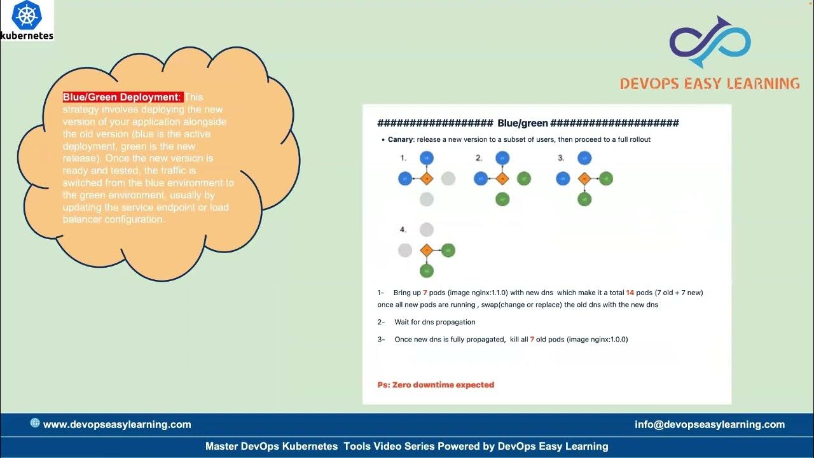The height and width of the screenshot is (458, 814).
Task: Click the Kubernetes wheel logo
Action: (27, 15)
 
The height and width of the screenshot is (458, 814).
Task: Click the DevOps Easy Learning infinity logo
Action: (710, 42)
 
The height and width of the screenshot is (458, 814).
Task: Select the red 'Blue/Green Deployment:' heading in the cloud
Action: (122, 97)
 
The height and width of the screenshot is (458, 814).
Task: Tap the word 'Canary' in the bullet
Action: (401, 139)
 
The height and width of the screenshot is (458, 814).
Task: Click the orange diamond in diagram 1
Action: (427, 179)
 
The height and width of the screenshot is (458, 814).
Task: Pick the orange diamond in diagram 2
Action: (502, 179)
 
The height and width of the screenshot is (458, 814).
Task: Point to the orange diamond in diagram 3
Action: (584, 179)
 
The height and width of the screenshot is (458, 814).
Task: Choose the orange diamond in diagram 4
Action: (427, 251)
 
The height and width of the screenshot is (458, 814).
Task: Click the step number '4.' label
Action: (403, 230)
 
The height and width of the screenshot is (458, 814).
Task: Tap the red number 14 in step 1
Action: (630, 293)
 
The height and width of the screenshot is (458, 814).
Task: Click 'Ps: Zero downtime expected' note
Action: (436, 385)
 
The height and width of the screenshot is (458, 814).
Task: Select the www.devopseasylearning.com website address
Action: (117, 424)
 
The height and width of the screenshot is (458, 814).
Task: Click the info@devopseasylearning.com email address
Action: (710, 424)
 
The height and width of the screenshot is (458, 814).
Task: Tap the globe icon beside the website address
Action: (35, 423)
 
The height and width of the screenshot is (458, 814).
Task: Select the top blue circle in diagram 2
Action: (502, 158)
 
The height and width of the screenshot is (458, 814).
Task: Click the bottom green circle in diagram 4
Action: (427, 271)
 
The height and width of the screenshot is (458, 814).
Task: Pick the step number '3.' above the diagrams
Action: (561, 158)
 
